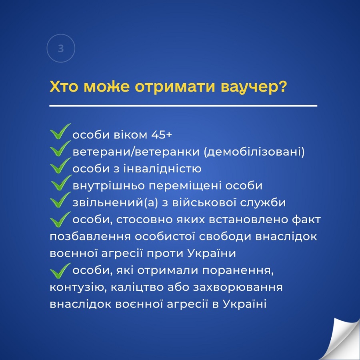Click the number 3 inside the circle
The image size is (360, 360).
pyautogui.click(x=61, y=48)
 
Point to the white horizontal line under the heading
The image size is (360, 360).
pyautogui.click(x=183, y=106)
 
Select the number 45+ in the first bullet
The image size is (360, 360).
pyautogui.click(x=162, y=134)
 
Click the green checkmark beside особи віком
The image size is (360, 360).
pyautogui.click(x=60, y=131)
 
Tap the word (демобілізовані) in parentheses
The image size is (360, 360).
pyautogui.click(x=254, y=152)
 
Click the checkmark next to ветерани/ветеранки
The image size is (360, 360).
pyautogui.click(x=60, y=148)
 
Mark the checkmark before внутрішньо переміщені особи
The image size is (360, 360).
pyautogui.click(x=61, y=182)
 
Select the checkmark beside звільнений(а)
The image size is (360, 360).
pyautogui.click(x=60, y=200)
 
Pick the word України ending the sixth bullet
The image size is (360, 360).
pyautogui.click(x=212, y=254)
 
